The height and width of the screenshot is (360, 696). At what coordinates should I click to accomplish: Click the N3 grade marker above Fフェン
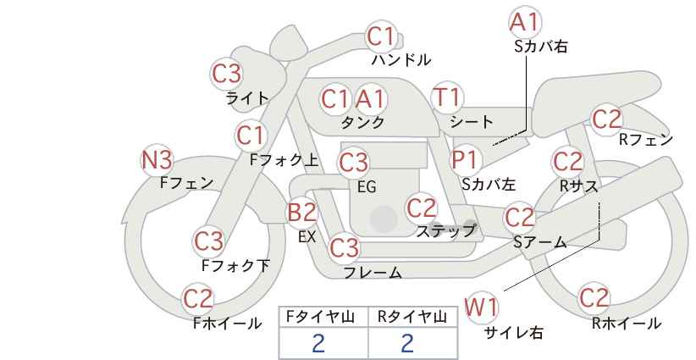point(157,160)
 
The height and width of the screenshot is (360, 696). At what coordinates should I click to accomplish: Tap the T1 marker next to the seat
point(447,97)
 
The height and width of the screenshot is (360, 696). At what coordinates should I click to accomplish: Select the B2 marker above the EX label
point(303,212)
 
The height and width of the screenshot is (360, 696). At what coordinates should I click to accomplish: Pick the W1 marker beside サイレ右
point(482,307)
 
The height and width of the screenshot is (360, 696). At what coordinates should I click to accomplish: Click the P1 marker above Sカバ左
point(464,159)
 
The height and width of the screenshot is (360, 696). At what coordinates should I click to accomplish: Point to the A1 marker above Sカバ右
point(525,22)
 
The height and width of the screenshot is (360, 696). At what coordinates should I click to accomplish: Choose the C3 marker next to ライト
point(227,74)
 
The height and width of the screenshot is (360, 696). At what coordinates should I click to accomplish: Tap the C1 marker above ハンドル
point(381,36)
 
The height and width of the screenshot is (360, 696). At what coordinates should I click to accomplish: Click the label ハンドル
point(401,60)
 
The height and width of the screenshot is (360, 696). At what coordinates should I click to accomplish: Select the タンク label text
point(362,122)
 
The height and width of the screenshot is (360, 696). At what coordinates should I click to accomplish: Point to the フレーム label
point(373,273)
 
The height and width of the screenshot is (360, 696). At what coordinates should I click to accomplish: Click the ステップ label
point(445,231)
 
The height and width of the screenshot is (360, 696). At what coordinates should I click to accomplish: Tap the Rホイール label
point(627,324)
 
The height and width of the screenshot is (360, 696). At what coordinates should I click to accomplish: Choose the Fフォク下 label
point(235,265)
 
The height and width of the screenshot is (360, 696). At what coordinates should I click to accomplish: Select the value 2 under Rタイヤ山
point(407,343)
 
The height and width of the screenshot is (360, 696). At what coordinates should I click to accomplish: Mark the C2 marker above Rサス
point(567,162)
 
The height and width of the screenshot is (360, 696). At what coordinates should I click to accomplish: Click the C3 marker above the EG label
point(353,163)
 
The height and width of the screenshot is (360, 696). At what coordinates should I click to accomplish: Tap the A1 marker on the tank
point(370,99)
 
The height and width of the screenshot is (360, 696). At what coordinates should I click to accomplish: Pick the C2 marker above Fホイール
point(198,298)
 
